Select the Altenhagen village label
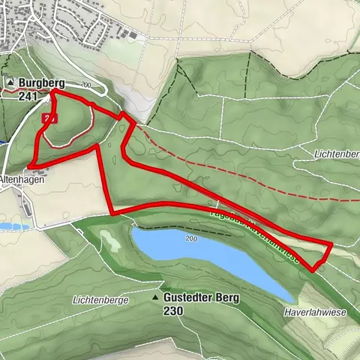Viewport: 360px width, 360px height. pyautogui.click(x=22, y=180)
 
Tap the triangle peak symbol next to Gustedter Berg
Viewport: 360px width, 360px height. pyautogui.click(x=156, y=298)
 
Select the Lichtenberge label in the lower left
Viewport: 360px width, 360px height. pyautogui.click(x=100, y=299)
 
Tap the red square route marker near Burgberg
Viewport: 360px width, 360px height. pyautogui.click(x=50, y=118)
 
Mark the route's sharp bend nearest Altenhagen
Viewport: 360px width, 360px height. pyautogui.click(x=30, y=166)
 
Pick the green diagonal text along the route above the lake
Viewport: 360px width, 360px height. pyautogui.click(x=255, y=232)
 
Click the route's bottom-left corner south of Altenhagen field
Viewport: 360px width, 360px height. pyautogui.click(x=112, y=213)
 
